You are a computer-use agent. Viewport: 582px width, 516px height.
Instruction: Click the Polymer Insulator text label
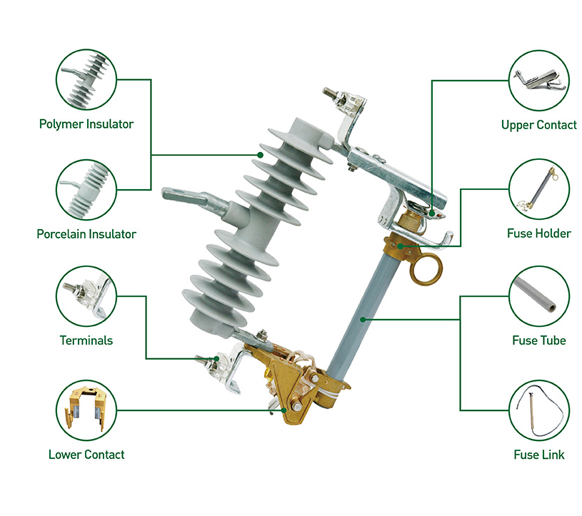pos(86,124)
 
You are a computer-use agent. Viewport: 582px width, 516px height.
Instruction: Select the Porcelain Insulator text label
pos(86,233)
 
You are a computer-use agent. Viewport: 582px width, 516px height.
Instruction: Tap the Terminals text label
pos(86,340)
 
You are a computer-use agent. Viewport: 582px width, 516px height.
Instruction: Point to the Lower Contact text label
pos(86,455)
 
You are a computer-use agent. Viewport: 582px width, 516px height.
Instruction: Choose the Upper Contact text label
pos(538,125)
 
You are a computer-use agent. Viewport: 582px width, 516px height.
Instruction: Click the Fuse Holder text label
pos(538,233)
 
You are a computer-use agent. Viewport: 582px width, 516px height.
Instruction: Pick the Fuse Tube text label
pos(538,340)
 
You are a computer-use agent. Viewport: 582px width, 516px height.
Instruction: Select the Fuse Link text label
pos(538,455)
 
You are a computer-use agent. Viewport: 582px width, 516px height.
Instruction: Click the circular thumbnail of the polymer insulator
pos(86,79)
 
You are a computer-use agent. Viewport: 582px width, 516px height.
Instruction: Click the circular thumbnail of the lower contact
pos(86,410)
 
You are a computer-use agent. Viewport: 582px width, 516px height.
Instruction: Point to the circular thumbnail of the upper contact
pos(539,79)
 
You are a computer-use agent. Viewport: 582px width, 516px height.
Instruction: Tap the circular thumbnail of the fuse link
pos(539,410)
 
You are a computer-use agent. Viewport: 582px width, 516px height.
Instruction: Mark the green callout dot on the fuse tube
pos(363,319)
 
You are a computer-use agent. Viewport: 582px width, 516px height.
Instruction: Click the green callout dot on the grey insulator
pos(261,154)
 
